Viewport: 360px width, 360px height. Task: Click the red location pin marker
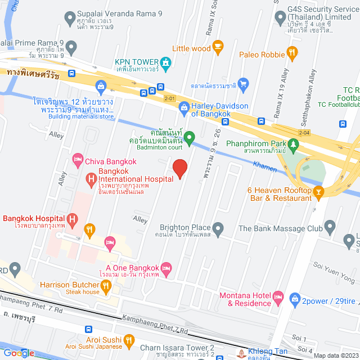(179, 168)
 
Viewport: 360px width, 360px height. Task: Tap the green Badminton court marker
(190, 136)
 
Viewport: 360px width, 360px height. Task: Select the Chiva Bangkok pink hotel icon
(78, 161)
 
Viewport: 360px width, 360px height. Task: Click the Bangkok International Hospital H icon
(91, 179)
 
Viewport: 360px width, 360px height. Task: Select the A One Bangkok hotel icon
(165, 267)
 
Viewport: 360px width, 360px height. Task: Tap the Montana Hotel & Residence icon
(278, 296)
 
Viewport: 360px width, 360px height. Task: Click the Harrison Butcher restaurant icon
(108, 287)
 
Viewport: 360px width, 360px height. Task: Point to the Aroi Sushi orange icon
(129, 340)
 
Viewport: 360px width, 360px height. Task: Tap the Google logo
(19, 353)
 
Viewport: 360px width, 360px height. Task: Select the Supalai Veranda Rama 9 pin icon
(70, 17)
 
